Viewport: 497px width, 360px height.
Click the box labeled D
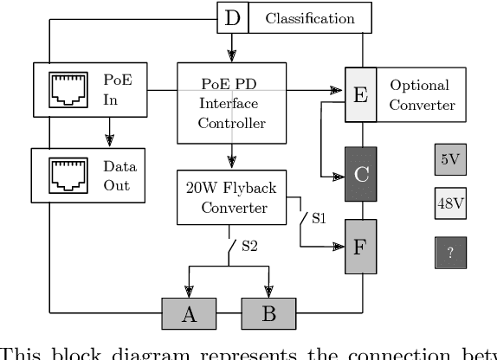pos(231,17)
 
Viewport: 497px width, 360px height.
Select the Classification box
pos(310,18)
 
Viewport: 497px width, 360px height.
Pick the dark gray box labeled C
pos(361,174)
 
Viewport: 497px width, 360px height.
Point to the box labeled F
pos(361,247)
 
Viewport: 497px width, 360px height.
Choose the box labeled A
pos(188,313)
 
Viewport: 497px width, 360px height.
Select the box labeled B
pos(268,313)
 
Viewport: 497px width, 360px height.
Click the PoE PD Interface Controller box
pos(231,103)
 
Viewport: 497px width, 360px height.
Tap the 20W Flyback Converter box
pos(231,197)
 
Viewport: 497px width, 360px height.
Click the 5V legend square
pos(450,159)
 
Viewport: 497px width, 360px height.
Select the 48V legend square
pos(450,205)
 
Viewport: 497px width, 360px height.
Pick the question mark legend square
pos(450,252)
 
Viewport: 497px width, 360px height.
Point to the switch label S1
pos(318,217)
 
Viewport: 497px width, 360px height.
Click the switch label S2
pos(250,247)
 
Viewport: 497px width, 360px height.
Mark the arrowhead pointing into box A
pos(189,292)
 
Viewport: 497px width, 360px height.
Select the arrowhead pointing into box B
pos(268,292)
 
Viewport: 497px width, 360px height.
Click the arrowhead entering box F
pos(339,247)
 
